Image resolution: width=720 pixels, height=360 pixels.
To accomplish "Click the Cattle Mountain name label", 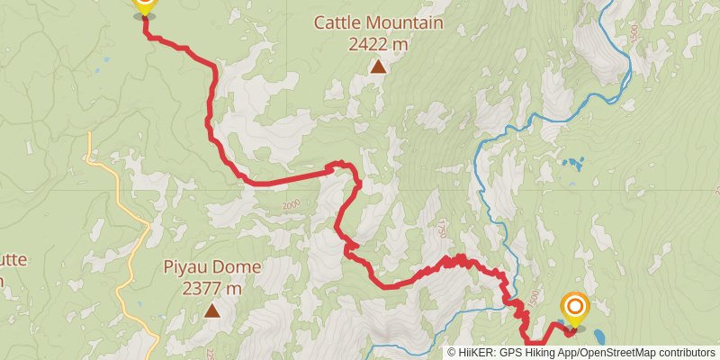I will coord(378,22).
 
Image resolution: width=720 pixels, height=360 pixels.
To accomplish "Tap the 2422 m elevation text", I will coord(378,42).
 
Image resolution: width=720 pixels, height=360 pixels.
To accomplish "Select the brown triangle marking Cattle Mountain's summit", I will coord(379,66).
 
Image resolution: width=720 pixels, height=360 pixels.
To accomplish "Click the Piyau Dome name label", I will coord(212,267).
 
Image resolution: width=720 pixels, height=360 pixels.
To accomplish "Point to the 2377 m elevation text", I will coord(212,288).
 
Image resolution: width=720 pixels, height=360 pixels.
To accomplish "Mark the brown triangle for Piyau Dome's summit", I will coord(212,310).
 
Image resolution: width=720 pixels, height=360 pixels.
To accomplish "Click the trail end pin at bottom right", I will coord(574,308).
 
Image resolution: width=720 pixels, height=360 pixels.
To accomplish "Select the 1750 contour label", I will coord(440,230).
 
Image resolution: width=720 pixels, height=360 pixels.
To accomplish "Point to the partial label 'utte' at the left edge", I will coord(13,259).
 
